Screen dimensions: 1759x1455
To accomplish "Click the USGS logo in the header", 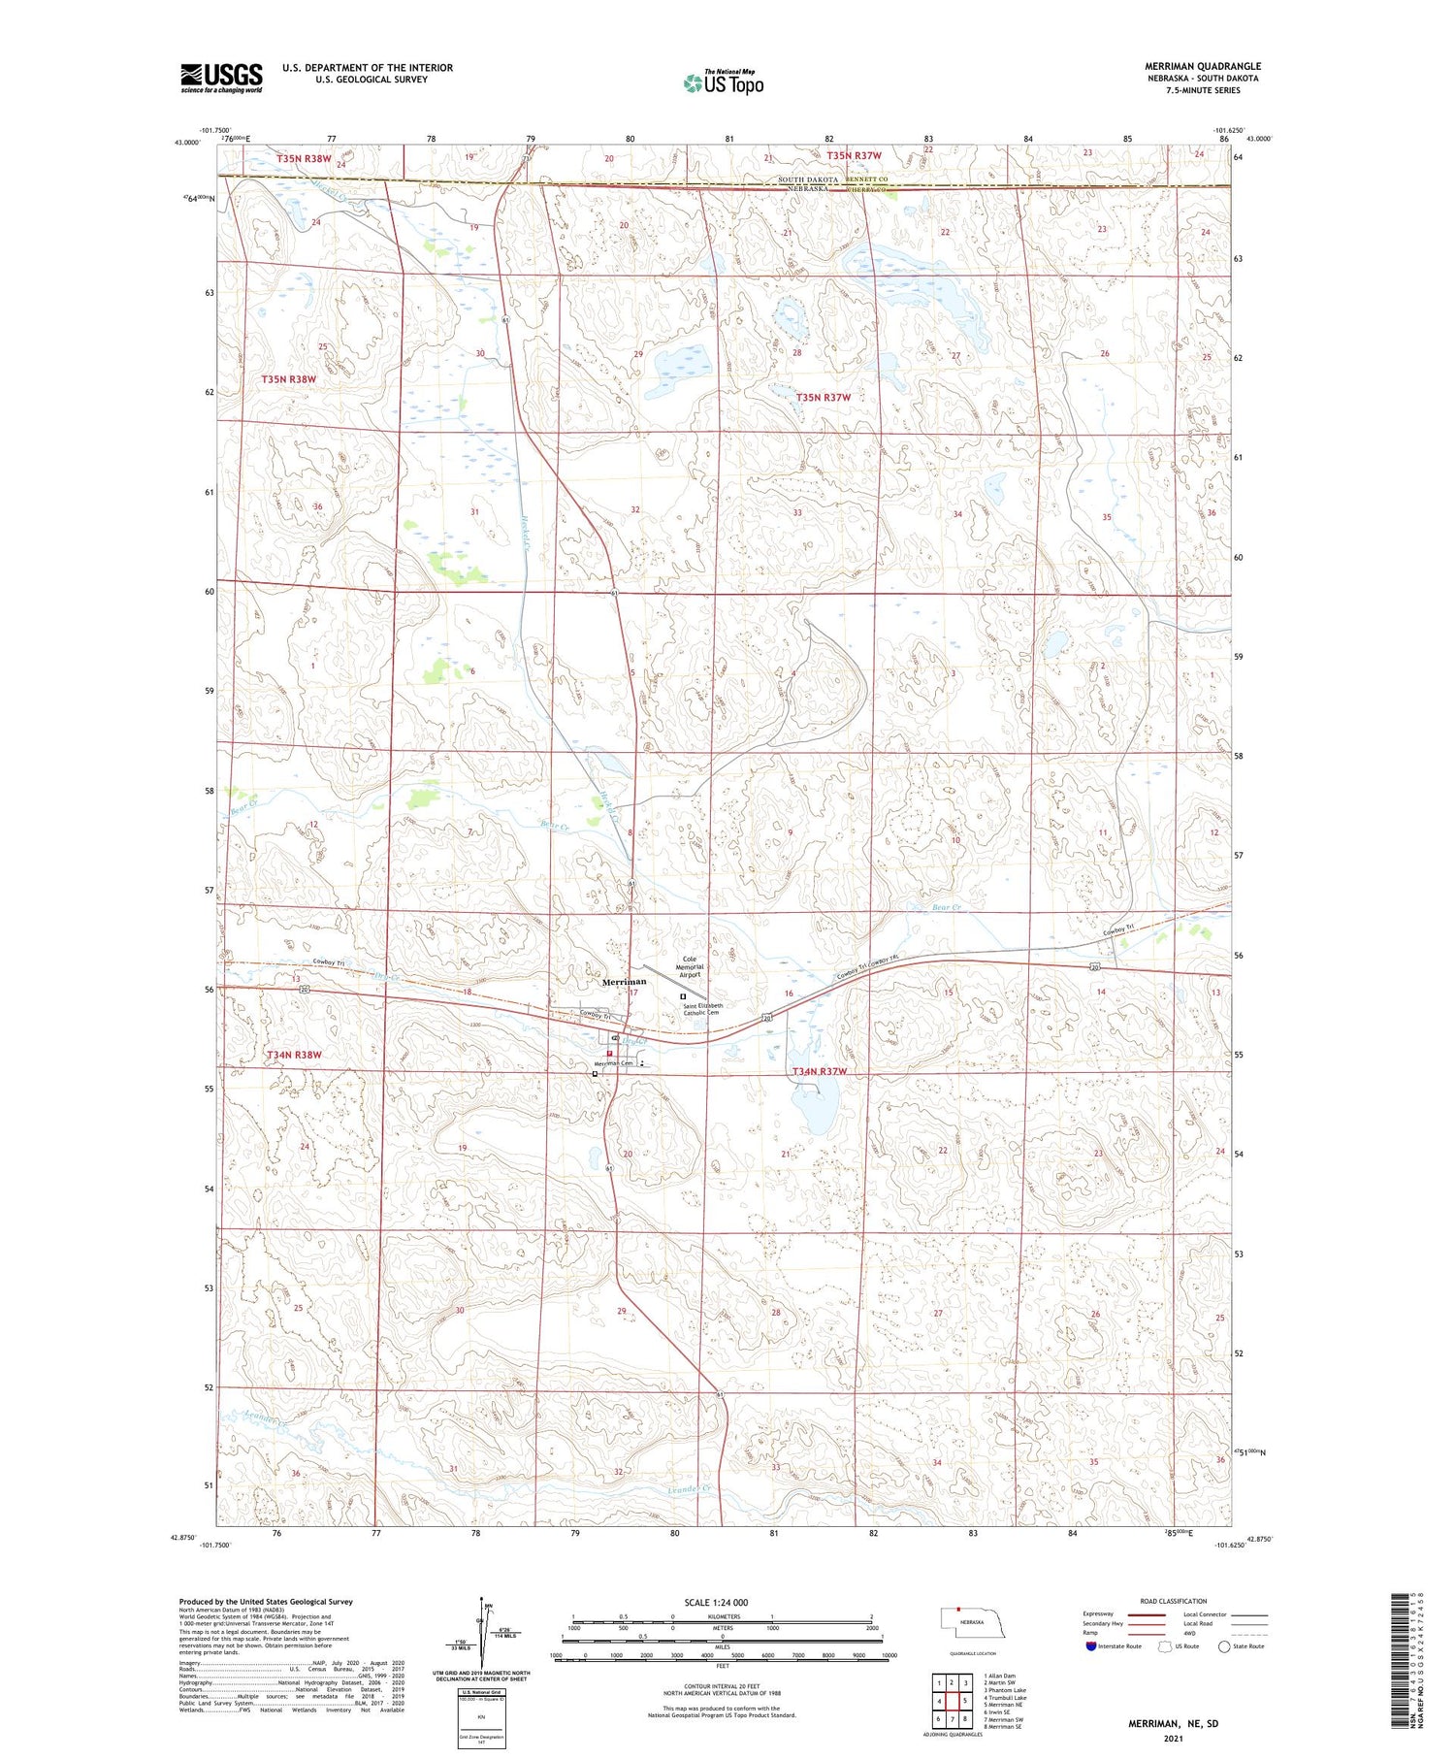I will click(221, 78).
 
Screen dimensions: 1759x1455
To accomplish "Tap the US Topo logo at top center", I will click(723, 83).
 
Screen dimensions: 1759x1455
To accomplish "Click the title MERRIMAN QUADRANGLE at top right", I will click(1203, 66).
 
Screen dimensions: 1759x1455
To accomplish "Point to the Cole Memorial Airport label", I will click(690, 967).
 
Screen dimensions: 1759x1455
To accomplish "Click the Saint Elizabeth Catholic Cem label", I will click(702, 1009).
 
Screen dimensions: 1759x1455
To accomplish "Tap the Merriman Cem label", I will click(614, 1064).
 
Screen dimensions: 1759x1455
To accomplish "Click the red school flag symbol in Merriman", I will click(609, 1053).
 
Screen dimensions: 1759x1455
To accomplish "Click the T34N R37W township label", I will click(820, 1071).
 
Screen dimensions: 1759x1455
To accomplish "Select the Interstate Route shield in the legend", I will click(1091, 1646).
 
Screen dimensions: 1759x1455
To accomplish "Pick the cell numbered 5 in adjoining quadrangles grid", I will click(965, 1701).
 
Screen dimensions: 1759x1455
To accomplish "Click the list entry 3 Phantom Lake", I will click(1004, 1690).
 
